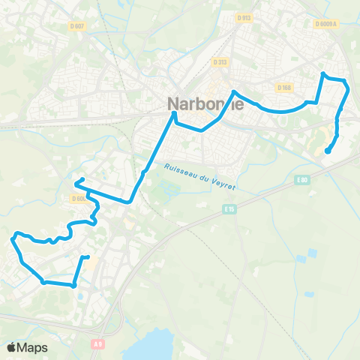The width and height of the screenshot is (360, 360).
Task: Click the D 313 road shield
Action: click(x=220, y=62)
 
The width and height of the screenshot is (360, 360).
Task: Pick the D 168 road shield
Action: click(x=284, y=88)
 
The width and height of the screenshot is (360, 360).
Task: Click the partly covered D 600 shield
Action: click(x=79, y=199)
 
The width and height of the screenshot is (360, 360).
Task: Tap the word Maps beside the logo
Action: click(x=34, y=347)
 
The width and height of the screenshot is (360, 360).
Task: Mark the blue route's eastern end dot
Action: click(x=327, y=151)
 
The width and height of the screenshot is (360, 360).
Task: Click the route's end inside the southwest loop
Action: click(x=87, y=257)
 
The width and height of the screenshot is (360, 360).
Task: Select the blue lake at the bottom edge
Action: click(x=154, y=344)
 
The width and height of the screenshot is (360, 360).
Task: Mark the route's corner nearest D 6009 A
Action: click(x=323, y=73)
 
